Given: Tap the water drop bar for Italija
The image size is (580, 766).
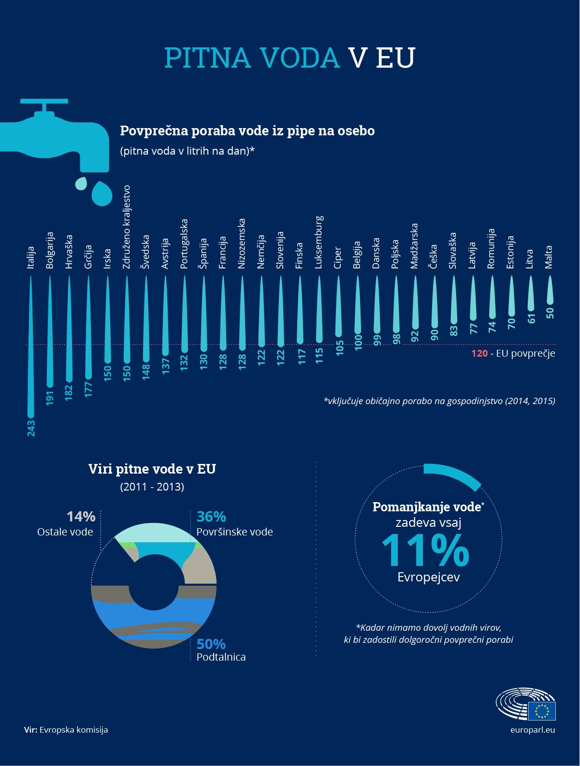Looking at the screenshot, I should click(x=31, y=348).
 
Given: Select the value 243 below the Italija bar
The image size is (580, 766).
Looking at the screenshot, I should click(x=31, y=428).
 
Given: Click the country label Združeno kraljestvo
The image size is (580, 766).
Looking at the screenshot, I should click(x=127, y=227).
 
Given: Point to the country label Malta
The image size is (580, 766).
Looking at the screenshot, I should click(x=549, y=257).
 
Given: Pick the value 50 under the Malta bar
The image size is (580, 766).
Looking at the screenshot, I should click(x=550, y=313).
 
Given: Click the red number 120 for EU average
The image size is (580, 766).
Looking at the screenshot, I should click(x=479, y=353).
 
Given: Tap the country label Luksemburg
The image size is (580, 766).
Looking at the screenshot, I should click(x=319, y=242).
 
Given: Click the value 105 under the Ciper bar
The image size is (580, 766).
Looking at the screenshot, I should click(x=339, y=347).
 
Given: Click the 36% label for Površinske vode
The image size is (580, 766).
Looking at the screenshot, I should click(x=211, y=517).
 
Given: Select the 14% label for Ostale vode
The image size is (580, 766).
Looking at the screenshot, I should click(x=81, y=517).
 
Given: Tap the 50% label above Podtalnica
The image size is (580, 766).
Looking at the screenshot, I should click(x=211, y=644).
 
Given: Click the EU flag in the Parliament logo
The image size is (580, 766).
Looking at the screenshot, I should click(x=542, y=711).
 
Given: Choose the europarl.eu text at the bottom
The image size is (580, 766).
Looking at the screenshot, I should click(x=532, y=730).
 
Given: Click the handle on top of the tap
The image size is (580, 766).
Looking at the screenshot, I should click(x=44, y=101).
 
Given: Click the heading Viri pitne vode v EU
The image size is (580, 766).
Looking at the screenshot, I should click(x=152, y=469).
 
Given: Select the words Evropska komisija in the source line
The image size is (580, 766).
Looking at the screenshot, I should click(x=73, y=730).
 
